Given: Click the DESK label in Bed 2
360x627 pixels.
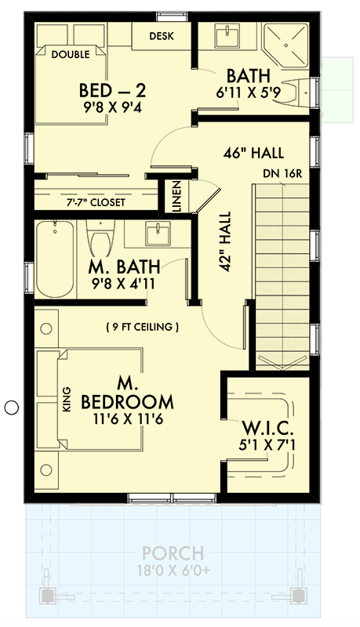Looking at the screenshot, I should [x=160, y=36].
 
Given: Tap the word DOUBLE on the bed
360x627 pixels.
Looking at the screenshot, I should [x=70, y=55].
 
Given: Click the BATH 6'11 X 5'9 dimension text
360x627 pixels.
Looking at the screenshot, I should [x=249, y=94].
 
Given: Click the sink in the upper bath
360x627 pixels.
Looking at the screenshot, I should [x=227, y=34].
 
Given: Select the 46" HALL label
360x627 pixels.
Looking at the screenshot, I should [x=253, y=153].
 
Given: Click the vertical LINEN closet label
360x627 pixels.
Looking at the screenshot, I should [x=176, y=198].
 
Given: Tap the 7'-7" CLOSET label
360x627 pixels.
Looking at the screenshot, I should [x=96, y=203].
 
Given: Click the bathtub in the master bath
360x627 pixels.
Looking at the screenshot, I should [x=55, y=259].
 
